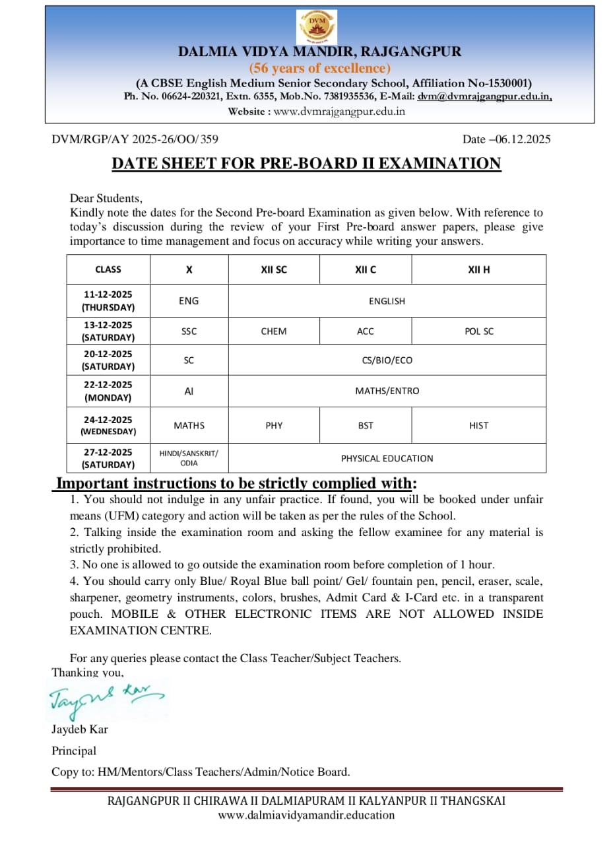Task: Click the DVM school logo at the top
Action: [317, 27]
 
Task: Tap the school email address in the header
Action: [484, 96]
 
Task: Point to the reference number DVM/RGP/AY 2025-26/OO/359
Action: [135, 139]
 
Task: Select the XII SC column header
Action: [274, 269]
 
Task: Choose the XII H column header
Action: [478, 269]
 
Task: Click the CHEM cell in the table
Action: [274, 331]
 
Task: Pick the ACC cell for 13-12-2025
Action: [366, 331]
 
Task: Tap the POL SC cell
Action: [478, 331]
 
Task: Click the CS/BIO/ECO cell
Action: [387, 360]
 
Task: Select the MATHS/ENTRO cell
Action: [387, 391]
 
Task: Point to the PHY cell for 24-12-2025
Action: [274, 426]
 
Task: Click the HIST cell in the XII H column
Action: [478, 426]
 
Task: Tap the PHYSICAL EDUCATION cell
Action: [387, 458]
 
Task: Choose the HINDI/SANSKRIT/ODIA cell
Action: [189, 458]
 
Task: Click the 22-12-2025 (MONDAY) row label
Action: [108, 391]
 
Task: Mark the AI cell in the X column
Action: [189, 391]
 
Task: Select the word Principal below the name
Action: [74, 751]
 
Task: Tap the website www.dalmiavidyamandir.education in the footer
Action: [306, 815]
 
